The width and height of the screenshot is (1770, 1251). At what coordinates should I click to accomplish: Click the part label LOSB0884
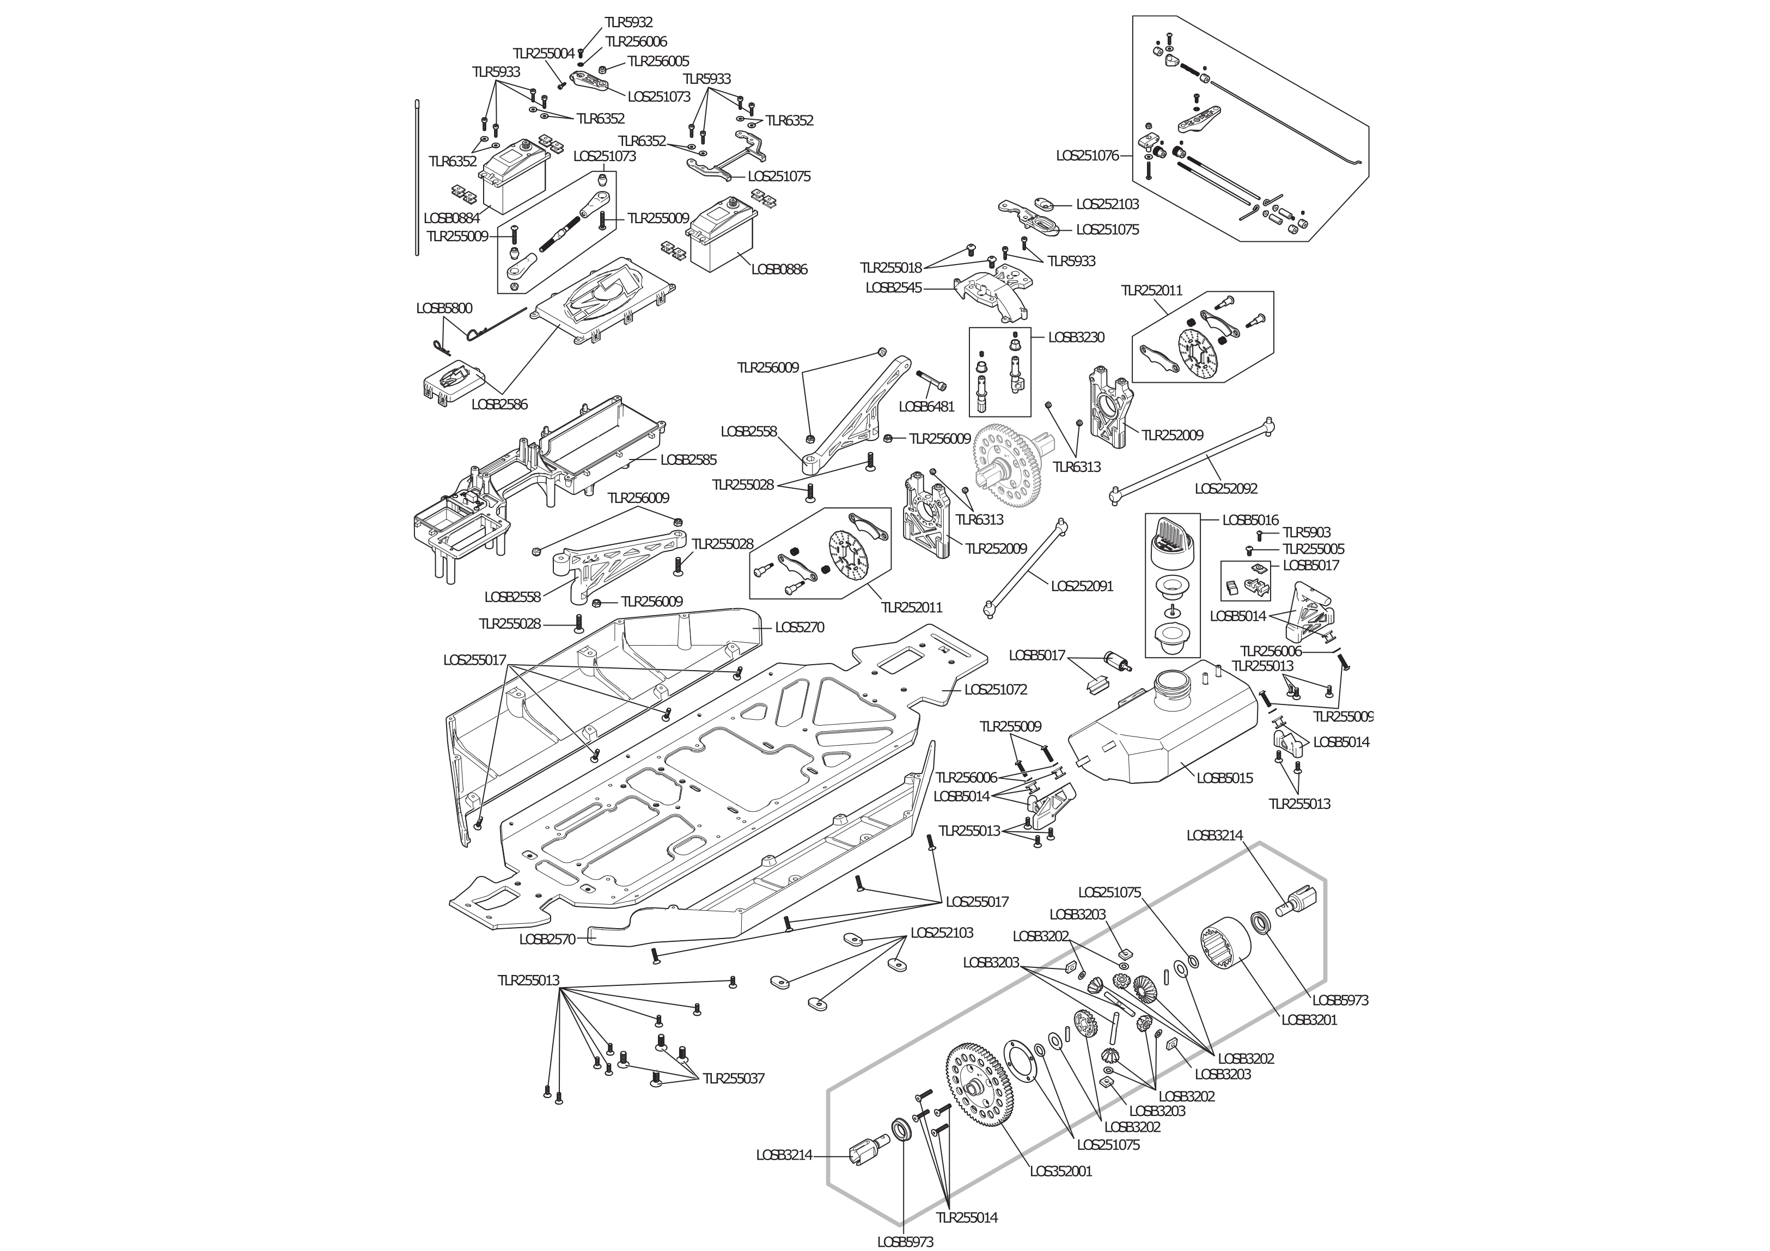[451, 218]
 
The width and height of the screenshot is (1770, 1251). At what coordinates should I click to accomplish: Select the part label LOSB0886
[779, 269]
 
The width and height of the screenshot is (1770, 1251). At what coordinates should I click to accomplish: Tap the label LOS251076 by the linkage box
[1087, 156]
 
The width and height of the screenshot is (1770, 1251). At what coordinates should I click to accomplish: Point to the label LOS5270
[799, 628]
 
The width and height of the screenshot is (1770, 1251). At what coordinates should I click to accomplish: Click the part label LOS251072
[995, 689]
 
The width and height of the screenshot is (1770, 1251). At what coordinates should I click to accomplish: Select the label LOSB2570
[547, 940]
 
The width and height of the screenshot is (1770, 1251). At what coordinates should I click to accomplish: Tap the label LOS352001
[1061, 1171]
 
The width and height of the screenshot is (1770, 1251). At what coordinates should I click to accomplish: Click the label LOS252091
[1082, 586]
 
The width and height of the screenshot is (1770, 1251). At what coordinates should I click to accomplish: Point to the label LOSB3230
[1076, 338]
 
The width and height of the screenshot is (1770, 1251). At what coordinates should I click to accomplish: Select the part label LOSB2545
[894, 287]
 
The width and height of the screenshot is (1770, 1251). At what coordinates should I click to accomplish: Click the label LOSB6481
[926, 406]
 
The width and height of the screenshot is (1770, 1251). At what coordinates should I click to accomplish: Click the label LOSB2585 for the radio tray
[688, 459]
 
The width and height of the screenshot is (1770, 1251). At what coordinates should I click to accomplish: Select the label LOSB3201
[1309, 1020]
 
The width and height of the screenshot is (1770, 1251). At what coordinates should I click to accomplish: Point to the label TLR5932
[628, 22]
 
